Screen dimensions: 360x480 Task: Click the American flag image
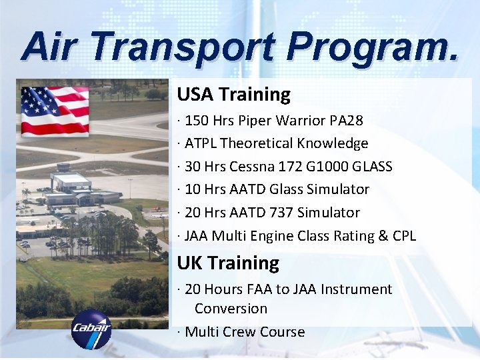pos(55,111)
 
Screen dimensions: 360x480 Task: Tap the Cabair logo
pos(91,329)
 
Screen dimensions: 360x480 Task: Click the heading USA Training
pos(233,95)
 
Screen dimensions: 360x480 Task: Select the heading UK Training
pos(228,263)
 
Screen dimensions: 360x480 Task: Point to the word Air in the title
pos(51,48)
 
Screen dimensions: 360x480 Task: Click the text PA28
pos(347,121)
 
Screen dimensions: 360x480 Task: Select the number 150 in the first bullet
pos(196,121)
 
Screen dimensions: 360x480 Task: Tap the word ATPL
pos(201,143)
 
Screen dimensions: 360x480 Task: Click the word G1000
pos(328,167)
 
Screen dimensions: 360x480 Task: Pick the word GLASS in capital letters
pos(372,167)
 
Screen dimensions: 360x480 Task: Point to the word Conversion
pos(231,309)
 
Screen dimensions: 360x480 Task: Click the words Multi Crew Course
pos(245,332)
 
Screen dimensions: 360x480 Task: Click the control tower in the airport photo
pos(63,169)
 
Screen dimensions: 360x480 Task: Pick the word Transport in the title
pos(181,48)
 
